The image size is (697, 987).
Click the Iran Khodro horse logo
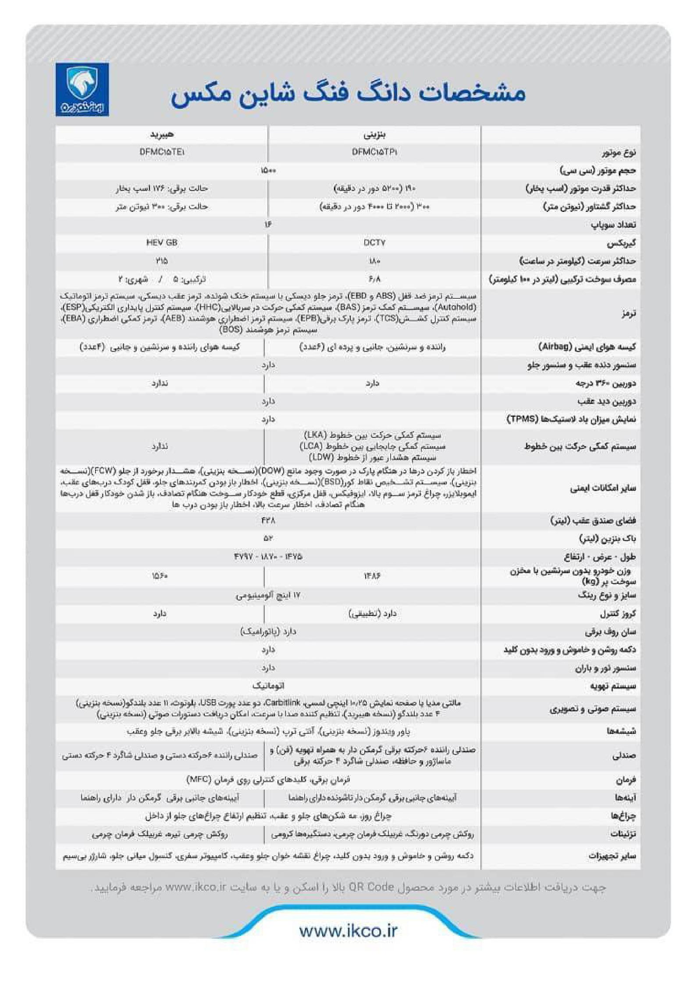coord(82,89)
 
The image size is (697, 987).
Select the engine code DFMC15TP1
coord(375,152)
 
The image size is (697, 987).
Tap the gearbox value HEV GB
coord(162,243)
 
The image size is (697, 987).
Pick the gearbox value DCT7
coord(374,243)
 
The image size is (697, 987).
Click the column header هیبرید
coord(162,134)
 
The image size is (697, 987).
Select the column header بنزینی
coord(374,134)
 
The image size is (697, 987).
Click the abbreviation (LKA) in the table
coord(315,435)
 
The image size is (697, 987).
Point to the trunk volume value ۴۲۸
coord(268,521)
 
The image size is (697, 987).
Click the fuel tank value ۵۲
coord(268,539)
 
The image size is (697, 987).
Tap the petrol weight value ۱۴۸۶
coord(372,576)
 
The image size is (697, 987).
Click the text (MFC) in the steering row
coord(199,780)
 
